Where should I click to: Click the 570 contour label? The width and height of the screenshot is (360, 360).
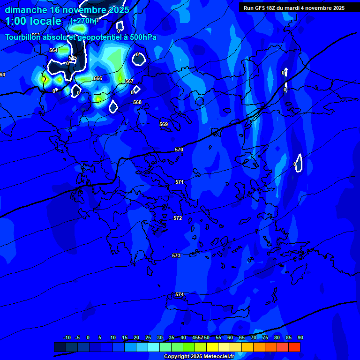tap(179, 150)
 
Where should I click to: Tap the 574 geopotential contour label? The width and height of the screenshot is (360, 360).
tap(180, 294)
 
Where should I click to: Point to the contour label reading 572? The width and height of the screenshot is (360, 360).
tap(178, 218)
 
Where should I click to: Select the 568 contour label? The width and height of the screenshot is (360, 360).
tap(137, 102)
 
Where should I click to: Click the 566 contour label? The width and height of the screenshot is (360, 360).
tap(98, 78)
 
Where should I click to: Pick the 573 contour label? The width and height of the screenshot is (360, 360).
tap(176, 255)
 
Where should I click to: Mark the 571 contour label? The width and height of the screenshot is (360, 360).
tap(180, 181)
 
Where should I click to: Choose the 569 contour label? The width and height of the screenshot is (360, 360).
tap(164, 124)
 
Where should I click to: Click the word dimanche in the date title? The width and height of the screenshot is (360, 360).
tap(26, 10)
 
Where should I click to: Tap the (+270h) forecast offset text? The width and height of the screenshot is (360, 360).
tap(84, 21)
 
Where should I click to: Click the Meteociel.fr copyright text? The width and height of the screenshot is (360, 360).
tap(199, 357)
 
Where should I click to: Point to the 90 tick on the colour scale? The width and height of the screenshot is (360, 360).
tap(300, 337)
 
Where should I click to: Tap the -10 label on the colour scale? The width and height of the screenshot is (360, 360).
tap(67, 337)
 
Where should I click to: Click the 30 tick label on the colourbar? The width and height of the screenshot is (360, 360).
tap(160, 337)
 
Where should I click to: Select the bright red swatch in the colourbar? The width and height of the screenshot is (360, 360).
tap(294, 347)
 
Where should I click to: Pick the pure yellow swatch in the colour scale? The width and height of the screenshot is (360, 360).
tap(212, 347)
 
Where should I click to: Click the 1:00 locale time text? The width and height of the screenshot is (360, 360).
tap(33, 21)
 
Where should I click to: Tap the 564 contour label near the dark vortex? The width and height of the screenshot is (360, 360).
tap(53, 50)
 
